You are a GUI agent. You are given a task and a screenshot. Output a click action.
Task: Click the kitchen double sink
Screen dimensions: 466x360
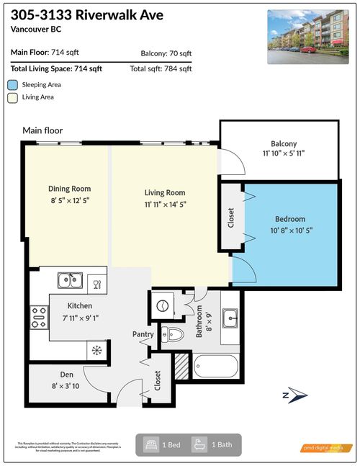[69, 279]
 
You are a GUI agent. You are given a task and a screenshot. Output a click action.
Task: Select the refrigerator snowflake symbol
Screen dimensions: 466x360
[96, 350]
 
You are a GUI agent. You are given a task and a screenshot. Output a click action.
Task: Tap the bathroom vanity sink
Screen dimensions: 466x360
[231, 315]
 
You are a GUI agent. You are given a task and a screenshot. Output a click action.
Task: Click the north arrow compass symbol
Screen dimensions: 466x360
[296, 395]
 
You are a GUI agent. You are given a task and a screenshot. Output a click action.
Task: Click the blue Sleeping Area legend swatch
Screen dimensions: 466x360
[12, 84]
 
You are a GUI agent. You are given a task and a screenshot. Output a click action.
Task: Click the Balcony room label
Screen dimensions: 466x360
[284, 143]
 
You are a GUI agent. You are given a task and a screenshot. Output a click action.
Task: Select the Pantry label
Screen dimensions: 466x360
[143, 334]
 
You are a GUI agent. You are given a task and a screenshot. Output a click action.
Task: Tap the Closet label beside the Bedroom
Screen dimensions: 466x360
[231, 218]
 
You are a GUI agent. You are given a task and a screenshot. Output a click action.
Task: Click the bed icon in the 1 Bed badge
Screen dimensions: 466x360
[151, 444]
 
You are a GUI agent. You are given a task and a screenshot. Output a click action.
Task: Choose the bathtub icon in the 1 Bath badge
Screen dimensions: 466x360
[199, 444]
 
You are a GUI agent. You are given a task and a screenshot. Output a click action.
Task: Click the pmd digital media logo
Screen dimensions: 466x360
[326, 448]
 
